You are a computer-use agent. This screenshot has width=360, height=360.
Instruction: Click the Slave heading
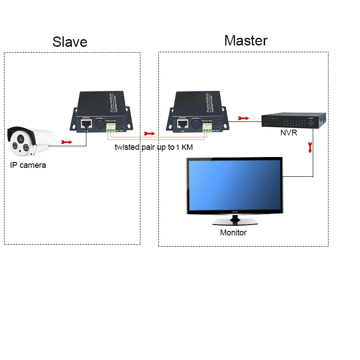tap(70, 41)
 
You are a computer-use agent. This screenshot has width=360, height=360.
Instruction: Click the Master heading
tap(246, 40)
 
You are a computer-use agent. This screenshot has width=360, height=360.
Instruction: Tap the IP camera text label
tap(28, 165)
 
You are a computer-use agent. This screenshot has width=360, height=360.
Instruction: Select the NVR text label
tap(288, 133)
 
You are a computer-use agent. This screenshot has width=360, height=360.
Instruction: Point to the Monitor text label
tap(233, 233)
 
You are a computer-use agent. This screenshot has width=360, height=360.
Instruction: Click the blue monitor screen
tap(234, 184)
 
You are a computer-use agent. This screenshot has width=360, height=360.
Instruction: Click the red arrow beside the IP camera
tap(66, 142)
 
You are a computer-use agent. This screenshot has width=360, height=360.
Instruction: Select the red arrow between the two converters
tap(149, 134)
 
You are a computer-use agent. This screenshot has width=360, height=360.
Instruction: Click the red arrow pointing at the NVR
tap(243, 118)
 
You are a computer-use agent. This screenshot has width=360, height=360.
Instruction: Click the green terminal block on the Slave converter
tap(110, 128)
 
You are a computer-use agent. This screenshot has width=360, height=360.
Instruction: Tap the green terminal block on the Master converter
tap(207, 128)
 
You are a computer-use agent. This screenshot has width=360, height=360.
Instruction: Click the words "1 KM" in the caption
tap(185, 147)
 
